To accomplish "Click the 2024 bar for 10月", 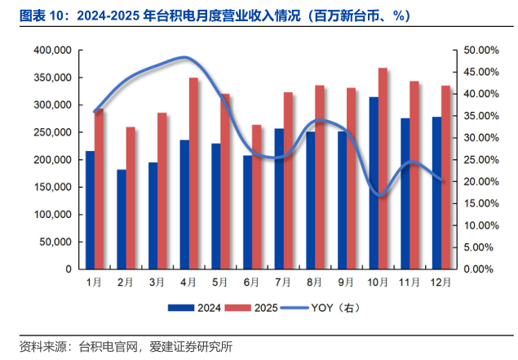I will click(x=374, y=183).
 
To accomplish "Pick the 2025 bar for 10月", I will click(x=383, y=168).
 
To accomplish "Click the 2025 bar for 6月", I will click(x=257, y=197).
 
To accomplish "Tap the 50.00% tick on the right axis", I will click(x=470, y=51).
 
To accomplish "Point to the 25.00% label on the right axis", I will click(x=470, y=160).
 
